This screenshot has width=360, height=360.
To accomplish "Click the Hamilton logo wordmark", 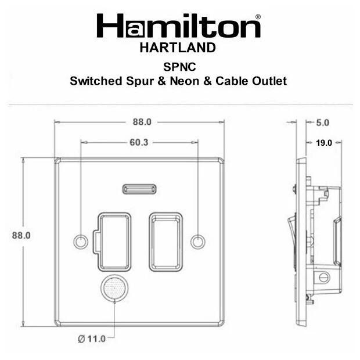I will click(178, 27).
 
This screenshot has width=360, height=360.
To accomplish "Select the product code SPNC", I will click(178, 67).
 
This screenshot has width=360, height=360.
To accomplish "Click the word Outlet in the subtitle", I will click(268, 81).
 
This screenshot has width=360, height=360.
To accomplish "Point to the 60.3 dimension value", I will click(138, 142).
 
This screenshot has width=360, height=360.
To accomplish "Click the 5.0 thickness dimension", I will click(323, 123).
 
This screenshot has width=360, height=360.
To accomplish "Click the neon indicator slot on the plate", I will click(138, 188).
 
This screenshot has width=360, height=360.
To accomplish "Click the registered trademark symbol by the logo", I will click(258, 18).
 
